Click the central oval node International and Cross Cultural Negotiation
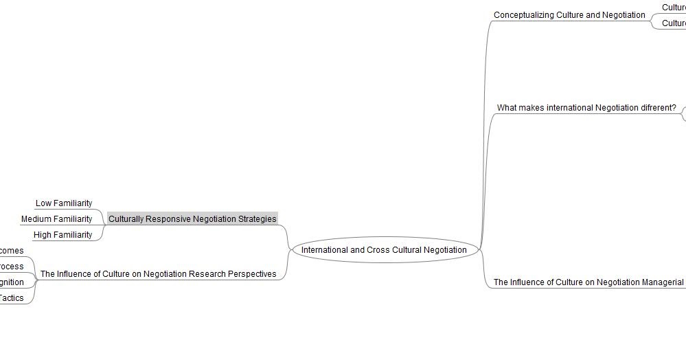[x=384, y=250]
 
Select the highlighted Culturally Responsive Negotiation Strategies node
[x=192, y=219]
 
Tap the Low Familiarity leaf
[x=63, y=203]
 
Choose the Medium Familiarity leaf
[x=56, y=219]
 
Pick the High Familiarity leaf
[x=62, y=235]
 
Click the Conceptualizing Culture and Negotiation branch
[x=569, y=15]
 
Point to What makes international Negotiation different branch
[x=586, y=108]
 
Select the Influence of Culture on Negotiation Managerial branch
[x=588, y=282]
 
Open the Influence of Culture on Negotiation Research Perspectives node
[x=158, y=274]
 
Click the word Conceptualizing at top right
[x=524, y=15]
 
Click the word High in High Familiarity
[x=43, y=235]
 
